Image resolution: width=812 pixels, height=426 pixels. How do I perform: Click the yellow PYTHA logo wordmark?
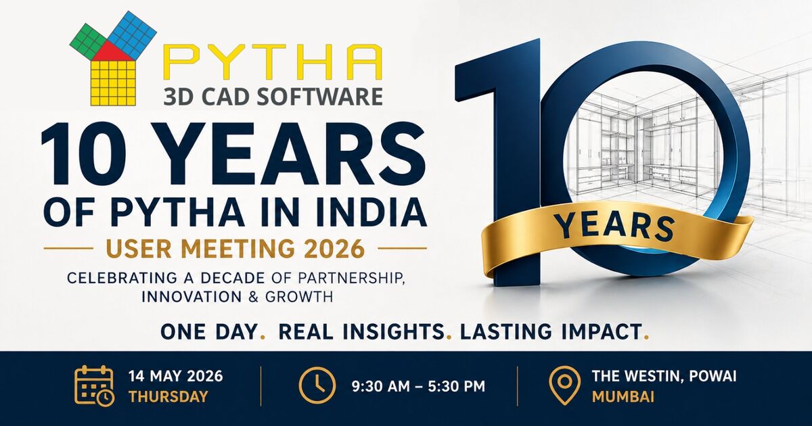[x=273, y=62]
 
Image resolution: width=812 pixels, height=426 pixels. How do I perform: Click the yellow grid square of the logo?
[x=113, y=82]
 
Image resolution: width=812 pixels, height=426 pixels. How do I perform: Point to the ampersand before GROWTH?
[x=253, y=297]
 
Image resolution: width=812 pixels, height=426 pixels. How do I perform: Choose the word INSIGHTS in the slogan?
[x=397, y=332]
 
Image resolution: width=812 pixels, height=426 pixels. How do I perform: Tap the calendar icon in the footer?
[x=94, y=385]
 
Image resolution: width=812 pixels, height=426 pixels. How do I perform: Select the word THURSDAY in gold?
[x=168, y=397]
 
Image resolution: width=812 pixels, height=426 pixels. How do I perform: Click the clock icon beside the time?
[x=317, y=386]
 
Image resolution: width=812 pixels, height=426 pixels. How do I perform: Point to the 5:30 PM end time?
[x=456, y=386]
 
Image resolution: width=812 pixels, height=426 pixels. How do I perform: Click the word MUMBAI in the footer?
[x=623, y=397]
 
